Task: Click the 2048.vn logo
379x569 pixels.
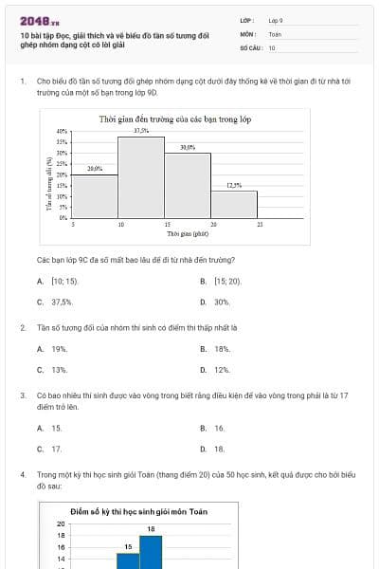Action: (x=37, y=20)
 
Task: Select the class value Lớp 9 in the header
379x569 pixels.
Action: (x=277, y=19)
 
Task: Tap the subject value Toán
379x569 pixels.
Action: (x=275, y=32)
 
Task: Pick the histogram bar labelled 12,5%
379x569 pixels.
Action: (x=233, y=204)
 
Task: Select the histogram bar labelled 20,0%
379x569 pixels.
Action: (x=95, y=196)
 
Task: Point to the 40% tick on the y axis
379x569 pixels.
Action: (x=63, y=132)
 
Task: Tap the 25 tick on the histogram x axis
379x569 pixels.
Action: (x=259, y=224)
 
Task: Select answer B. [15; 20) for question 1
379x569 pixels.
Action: (x=222, y=282)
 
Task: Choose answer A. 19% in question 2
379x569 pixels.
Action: (x=53, y=349)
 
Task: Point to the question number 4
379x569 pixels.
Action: (x=22, y=472)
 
